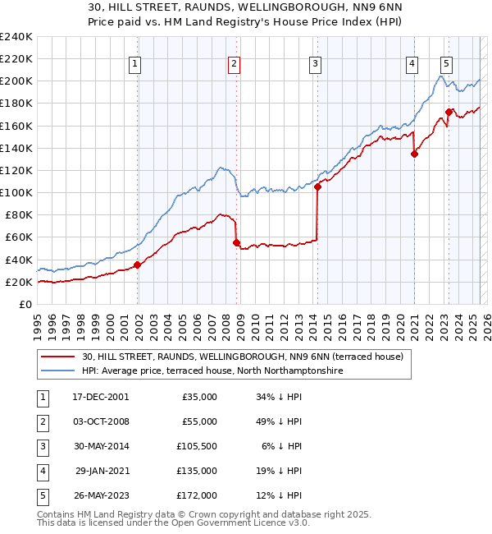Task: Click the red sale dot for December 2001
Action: pyautogui.click(x=138, y=265)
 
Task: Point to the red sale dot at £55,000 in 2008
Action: pyautogui.click(x=236, y=242)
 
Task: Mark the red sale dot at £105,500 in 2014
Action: pyautogui.click(x=317, y=186)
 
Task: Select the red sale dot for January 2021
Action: pyautogui.click(x=414, y=154)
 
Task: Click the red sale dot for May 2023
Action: pyautogui.click(x=449, y=112)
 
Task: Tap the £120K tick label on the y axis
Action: pyautogui.click(x=16, y=170)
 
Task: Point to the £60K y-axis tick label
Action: pyautogui.click(x=19, y=237)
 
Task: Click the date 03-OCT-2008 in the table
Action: pyautogui.click(x=101, y=421)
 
